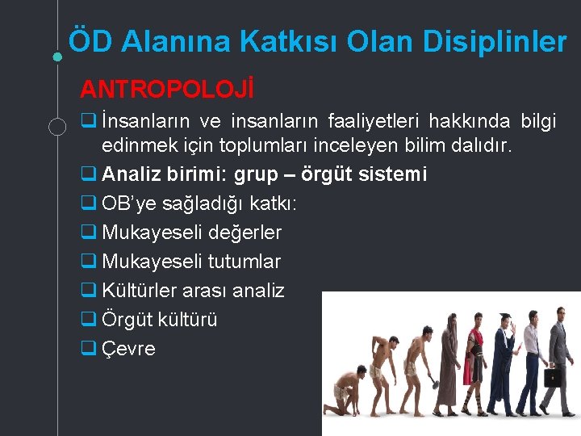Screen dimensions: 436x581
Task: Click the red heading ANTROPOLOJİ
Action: coord(167,88)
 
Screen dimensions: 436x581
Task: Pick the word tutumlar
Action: coord(245,262)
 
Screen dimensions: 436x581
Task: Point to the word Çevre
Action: coord(129,349)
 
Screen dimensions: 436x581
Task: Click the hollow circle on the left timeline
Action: coord(57,125)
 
